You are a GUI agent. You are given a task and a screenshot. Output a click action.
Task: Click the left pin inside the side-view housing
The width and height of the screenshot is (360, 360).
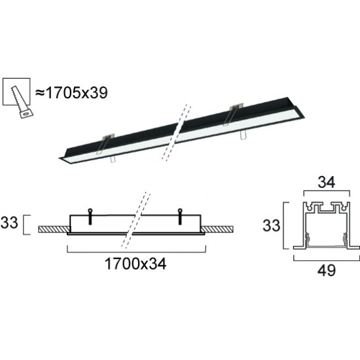(90, 211)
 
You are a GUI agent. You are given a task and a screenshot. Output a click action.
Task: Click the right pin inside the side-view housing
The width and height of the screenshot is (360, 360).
(180, 211)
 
